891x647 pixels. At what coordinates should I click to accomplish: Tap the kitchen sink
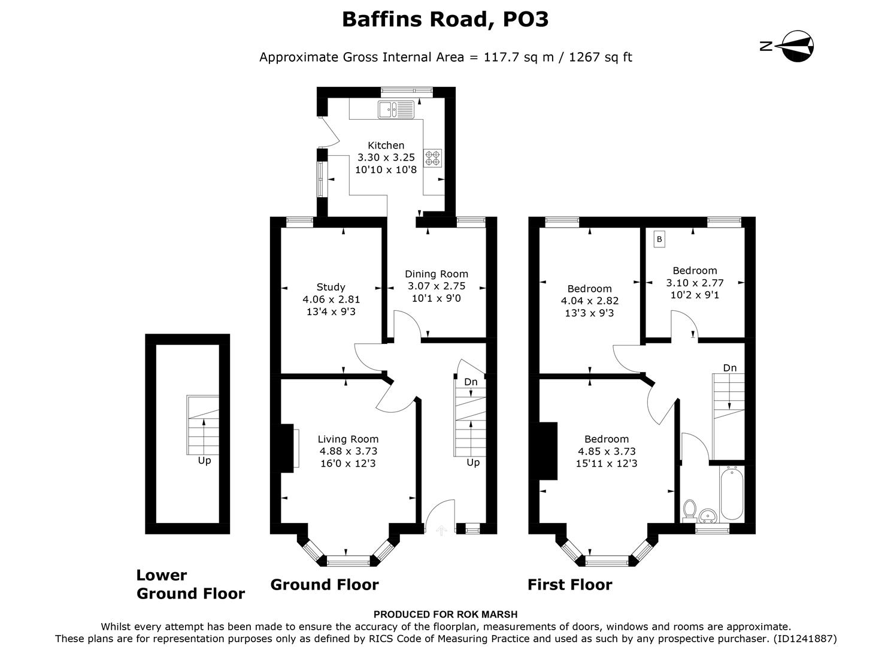tap(396, 110)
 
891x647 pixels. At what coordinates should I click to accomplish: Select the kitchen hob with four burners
tap(433, 158)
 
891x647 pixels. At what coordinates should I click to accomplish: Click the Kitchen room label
tap(386, 145)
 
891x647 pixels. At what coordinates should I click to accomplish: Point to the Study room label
tap(331, 287)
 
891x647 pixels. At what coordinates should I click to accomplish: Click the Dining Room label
tap(436, 274)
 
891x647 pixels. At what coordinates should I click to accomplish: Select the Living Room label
tap(348, 439)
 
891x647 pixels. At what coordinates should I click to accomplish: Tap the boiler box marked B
tap(659, 239)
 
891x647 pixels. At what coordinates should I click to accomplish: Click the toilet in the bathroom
tap(689, 510)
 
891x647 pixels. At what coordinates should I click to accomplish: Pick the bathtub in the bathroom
tap(732, 494)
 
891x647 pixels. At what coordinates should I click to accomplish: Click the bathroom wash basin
tap(708, 515)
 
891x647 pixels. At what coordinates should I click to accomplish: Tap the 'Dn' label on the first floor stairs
tap(729, 368)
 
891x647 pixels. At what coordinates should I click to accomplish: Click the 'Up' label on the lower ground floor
tap(204, 461)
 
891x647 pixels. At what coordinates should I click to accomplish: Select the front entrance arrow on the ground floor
tap(442, 530)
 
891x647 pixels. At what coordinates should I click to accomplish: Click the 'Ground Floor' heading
tap(324, 585)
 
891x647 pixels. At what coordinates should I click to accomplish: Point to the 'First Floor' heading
tap(569, 585)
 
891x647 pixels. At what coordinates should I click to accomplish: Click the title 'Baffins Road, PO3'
tap(445, 20)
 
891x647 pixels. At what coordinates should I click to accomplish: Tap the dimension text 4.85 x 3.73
tap(607, 451)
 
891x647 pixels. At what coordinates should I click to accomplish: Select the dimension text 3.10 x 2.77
tap(695, 283)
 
